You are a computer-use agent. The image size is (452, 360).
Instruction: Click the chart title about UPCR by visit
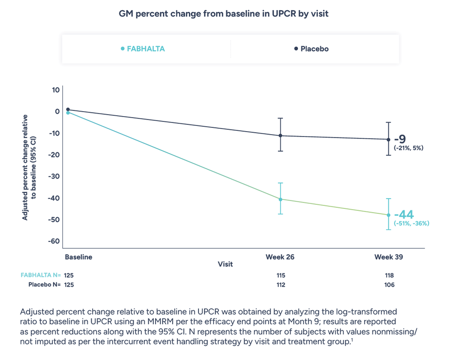click(224, 14)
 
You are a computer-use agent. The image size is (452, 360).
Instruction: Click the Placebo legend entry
click(312, 49)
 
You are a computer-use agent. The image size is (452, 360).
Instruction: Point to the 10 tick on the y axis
click(56, 90)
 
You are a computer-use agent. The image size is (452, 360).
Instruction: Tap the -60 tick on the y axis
click(54, 241)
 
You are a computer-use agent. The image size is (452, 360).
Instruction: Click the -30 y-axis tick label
click(54, 176)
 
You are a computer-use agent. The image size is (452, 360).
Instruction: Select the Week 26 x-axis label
click(280, 257)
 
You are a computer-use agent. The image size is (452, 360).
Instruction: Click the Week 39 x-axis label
click(389, 257)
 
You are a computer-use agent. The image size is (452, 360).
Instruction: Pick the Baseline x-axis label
click(78, 257)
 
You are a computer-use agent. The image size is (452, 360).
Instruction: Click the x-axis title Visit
click(225, 264)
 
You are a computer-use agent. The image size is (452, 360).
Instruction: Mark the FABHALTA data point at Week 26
click(280, 199)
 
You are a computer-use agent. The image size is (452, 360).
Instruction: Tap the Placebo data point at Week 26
click(280, 136)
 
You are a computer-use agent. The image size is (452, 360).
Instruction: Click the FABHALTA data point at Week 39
click(388, 215)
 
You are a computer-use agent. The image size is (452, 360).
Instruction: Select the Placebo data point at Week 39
click(388, 140)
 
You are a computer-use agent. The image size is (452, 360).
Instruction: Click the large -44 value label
click(404, 214)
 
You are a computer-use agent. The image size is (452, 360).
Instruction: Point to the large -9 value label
click(400, 139)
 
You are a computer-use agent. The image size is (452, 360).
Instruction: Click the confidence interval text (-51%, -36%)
click(412, 223)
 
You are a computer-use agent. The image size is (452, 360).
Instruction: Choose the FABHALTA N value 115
click(280, 275)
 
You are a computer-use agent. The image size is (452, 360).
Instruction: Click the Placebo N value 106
click(389, 284)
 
